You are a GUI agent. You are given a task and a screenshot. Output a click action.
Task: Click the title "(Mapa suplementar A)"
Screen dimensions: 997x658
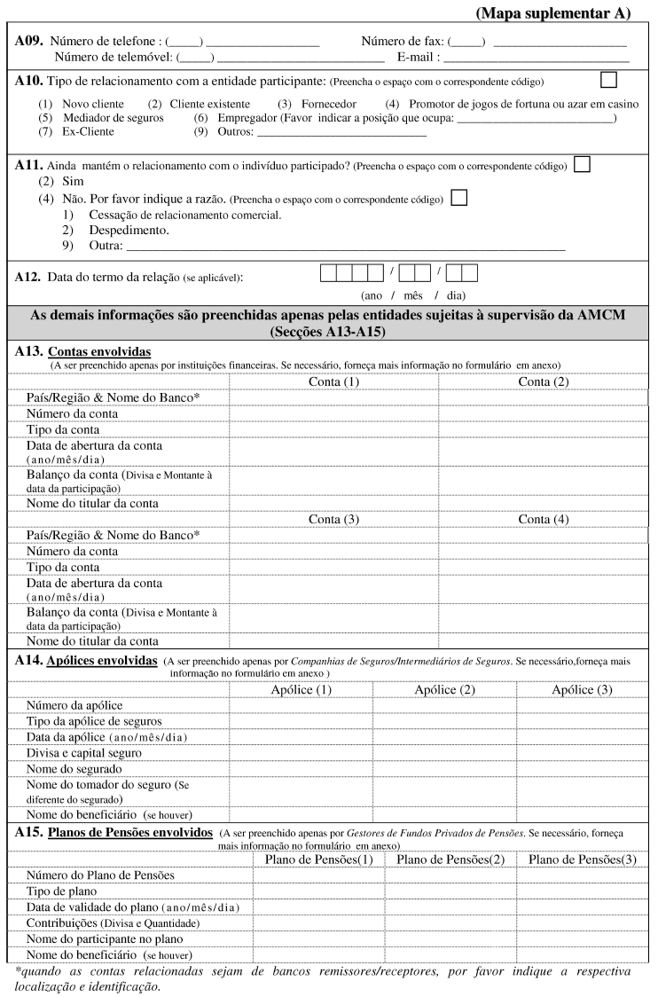click(552, 13)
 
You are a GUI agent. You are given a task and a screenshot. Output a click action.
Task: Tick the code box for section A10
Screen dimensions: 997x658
click(608, 80)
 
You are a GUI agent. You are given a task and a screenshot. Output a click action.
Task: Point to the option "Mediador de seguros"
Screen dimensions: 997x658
click(114, 118)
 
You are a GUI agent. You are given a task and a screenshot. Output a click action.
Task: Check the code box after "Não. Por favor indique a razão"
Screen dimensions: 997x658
click(459, 198)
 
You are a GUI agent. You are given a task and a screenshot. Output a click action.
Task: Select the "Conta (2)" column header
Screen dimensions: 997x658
click(544, 381)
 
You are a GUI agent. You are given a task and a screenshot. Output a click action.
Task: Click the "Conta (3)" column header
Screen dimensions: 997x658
click(333, 519)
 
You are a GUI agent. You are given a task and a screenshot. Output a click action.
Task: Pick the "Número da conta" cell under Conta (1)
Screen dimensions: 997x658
click(333, 414)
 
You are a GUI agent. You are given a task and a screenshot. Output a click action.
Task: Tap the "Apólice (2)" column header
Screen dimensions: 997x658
click(444, 689)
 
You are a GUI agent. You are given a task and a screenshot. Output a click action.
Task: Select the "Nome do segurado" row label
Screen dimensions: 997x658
click(74, 769)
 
